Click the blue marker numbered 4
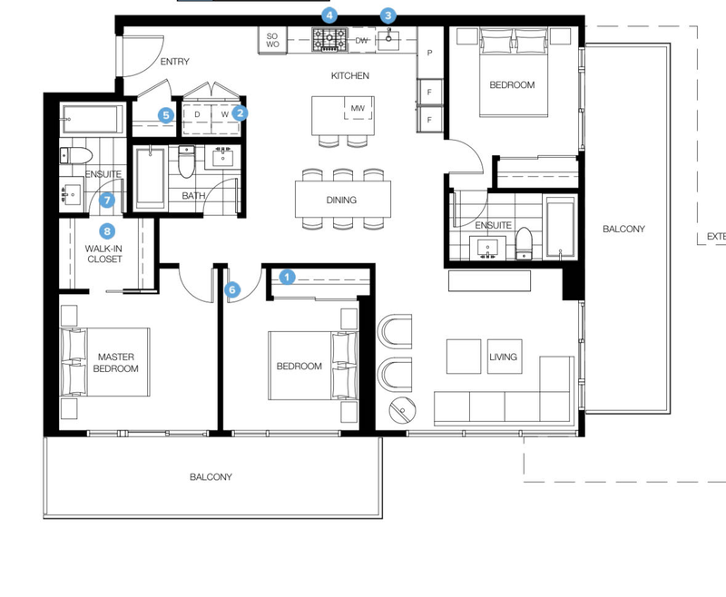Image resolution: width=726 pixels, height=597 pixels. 329,15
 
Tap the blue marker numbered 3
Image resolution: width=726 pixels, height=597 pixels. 388,15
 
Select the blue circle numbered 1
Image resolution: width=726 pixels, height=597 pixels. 287,278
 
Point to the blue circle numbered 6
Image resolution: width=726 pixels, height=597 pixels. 232,290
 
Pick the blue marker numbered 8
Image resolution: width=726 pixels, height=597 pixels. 107,231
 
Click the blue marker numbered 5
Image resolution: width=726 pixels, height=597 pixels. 166,115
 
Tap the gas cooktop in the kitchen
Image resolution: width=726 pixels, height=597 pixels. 329,39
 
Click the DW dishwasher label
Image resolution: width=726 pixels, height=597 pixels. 361,40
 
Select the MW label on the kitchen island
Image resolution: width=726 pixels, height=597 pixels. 358,108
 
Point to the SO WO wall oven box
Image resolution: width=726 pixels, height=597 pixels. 272,40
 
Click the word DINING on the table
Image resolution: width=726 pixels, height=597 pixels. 341,200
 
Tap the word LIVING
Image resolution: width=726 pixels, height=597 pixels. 503,357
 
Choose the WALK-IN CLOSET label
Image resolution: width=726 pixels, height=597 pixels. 104,254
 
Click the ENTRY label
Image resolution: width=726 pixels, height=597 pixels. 174,62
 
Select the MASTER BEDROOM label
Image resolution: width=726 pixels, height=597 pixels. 116,363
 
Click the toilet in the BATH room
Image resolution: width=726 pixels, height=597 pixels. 187,161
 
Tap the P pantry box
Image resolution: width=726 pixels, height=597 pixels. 429,53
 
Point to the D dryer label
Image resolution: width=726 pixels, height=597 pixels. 197,114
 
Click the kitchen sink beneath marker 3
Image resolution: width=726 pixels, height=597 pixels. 389,39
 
